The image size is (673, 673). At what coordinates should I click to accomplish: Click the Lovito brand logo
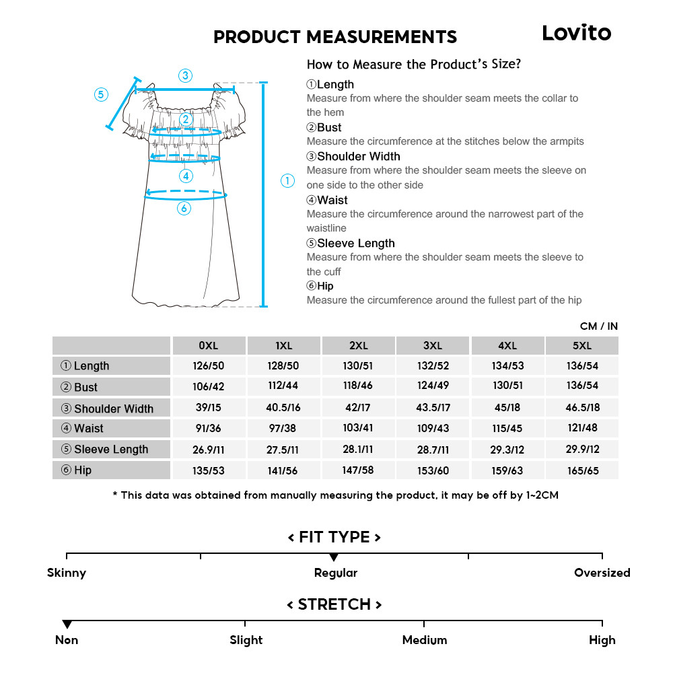click(576, 33)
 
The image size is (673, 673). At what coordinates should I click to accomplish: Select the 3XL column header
click(433, 345)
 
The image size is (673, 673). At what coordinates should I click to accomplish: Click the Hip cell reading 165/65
click(582, 470)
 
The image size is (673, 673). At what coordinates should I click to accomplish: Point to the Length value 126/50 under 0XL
click(209, 365)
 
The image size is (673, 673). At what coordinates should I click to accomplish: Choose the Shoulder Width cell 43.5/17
click(433, 408)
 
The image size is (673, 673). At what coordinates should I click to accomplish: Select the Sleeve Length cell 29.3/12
click(507, 449)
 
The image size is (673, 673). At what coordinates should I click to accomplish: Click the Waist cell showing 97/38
click(283, 428)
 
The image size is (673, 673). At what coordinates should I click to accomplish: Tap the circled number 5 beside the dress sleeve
click(101, 94)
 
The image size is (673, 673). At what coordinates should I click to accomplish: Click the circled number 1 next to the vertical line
click(287, 180)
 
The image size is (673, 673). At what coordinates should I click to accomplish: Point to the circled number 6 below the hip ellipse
click(184, 209)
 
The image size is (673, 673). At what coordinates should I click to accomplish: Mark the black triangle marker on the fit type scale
click(334, 557)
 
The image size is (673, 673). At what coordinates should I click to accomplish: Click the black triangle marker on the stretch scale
click(67, 625)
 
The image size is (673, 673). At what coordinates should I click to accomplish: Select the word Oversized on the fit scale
click(602, 573)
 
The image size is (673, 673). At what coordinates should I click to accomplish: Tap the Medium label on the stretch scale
click(424, 640)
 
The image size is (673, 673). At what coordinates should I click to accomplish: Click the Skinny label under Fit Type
click(67, 573)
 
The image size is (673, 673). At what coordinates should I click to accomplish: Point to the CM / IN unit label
click(598, 326)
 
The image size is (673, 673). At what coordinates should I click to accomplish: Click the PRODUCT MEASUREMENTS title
click(335, 37)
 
